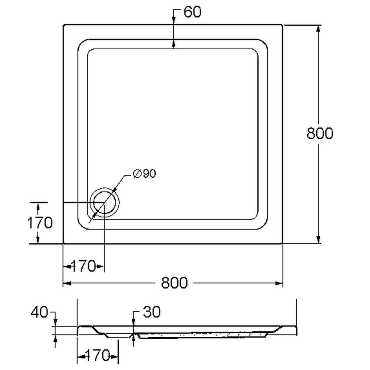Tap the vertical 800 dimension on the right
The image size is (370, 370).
(320, 133)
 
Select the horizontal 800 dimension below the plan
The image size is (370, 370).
(174, 282)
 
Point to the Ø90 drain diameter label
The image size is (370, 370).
(144, 174)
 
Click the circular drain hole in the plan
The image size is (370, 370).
(104, 202)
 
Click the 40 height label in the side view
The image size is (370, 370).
(39, 312)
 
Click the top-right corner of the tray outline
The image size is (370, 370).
(282, 25)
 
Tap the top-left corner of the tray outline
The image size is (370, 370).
(64, 25)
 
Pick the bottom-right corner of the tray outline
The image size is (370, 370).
(282, 243)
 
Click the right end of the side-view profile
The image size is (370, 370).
(297, 330)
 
